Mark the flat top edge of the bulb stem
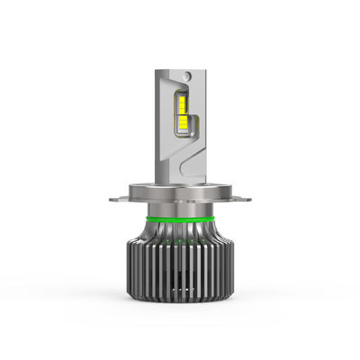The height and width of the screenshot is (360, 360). [x=180, y=66]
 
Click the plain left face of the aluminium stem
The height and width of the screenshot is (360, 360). [x=165, y=135]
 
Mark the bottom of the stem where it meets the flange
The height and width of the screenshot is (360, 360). [x=180, y=179]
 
